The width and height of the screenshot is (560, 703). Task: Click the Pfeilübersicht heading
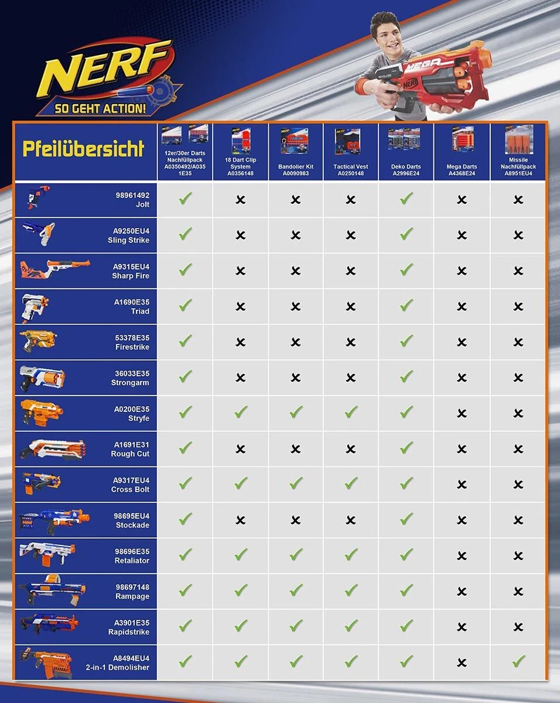coord(83,149)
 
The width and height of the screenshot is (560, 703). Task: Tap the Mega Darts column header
coord(462,170)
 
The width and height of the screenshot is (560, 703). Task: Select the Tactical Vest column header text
coord(351,170)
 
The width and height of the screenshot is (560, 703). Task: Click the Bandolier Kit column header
coord(295,170)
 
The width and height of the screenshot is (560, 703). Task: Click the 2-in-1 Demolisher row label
coord(124,663)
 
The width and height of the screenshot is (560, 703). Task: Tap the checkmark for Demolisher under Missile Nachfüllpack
coord(518,662)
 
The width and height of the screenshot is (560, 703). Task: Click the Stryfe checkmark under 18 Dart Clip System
coord(240,412)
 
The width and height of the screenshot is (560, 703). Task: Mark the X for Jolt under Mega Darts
coord(462,200)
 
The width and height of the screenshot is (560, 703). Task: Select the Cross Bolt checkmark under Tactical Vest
coord(351,483)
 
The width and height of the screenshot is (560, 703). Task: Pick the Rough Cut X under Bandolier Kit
coord(295,449)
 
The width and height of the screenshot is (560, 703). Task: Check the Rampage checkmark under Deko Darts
coord(406,591)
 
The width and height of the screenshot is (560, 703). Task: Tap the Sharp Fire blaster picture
coord(55,270)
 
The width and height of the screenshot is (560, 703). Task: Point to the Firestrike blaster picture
coord(39,341)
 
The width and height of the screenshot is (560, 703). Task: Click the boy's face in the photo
coord(387,35)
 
